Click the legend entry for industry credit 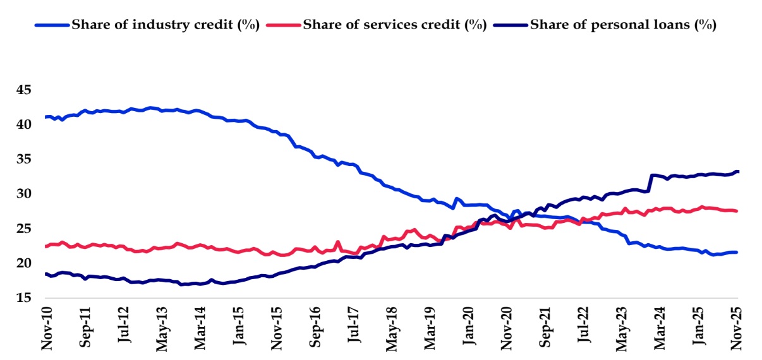(x=166, y=25)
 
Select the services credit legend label (x=395, y=25)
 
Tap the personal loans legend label (x=622, y=25)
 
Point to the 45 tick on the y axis (x=24, y=90)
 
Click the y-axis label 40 (x=24, y=125)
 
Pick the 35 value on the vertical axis (x=24, y=159)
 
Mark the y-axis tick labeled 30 (x=24, y=194)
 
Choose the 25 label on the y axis (x=24, y=228)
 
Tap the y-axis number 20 (x=24, y=263)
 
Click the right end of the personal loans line (x=737, y=172)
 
